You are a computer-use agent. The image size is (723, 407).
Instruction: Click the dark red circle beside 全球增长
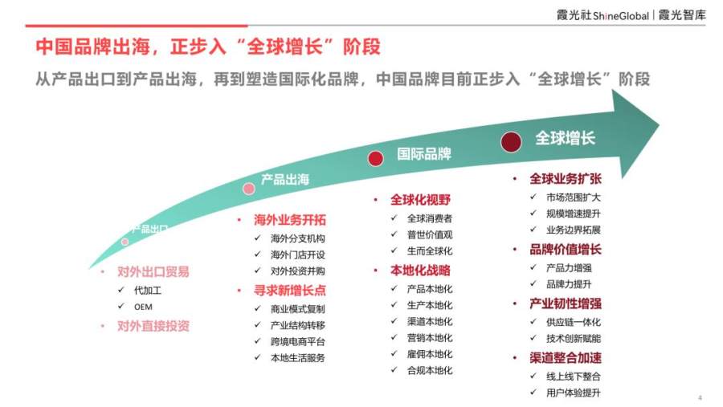point(511,141)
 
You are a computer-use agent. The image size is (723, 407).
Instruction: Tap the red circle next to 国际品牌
point(376,159)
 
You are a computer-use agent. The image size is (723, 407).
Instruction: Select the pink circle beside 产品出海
point(249,189)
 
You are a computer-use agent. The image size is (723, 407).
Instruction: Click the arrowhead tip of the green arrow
point(660,124)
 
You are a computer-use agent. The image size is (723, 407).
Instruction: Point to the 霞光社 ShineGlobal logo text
point(602,15)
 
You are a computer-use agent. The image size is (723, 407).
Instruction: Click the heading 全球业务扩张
point(566,179)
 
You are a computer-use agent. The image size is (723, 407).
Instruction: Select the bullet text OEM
point(144,307)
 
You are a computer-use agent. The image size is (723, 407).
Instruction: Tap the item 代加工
point(148,291)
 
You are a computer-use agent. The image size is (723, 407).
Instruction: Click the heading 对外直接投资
point(153,327)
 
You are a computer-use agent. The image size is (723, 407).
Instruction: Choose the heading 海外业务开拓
point(289,220)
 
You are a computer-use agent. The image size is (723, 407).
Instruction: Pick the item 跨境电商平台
point(298,341)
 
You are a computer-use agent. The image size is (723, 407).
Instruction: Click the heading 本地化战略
point(420,271)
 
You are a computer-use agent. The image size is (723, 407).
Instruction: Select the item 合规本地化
point(430,370)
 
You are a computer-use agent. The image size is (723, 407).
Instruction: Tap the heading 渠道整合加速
point(566,358)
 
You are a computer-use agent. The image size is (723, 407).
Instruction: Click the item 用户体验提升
point(574,393)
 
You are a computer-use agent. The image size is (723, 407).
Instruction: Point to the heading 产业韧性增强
point(566,303)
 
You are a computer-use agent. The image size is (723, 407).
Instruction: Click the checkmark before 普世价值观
point(394,234)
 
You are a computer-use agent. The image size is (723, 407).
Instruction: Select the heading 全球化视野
point(420,200)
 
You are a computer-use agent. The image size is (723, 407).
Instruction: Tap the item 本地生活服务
point(298,358)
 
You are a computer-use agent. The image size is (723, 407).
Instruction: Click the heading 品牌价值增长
point(566,250)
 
